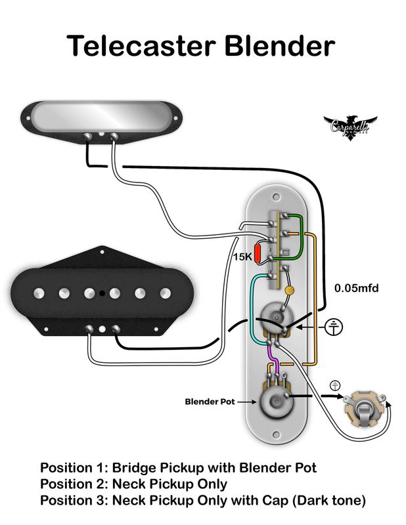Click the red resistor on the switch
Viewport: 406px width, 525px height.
click(261, 253)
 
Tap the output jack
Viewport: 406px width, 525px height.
click(363, 407)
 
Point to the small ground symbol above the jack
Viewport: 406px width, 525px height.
click(336, 385)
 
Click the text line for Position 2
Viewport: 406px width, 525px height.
click(133, 484)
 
